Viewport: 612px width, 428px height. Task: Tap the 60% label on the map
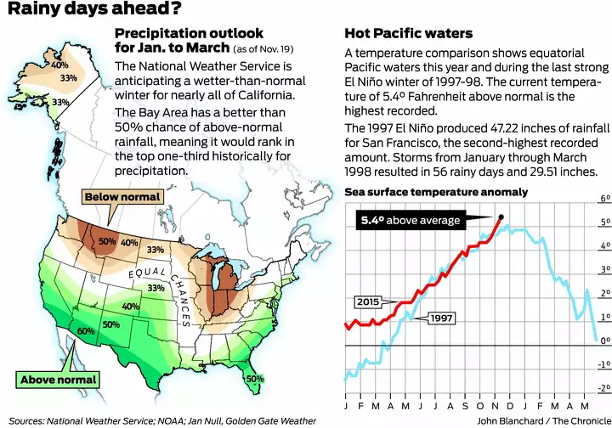86,330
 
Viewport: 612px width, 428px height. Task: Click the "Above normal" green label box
58,380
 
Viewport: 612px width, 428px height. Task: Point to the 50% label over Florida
254,379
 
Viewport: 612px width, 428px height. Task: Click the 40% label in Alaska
60,65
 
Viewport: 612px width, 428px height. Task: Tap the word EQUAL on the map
147,275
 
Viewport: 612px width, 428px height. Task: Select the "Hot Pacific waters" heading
408,34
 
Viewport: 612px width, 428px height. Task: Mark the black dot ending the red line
501,217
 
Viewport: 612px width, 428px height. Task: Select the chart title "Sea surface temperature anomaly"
436,193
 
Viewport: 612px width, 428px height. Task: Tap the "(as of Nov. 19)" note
253,50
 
